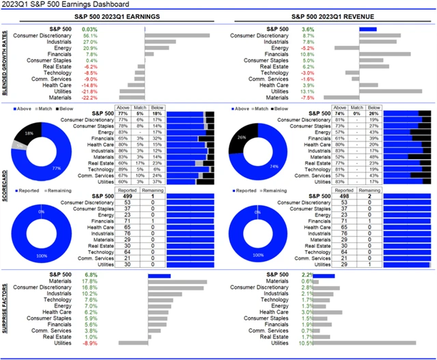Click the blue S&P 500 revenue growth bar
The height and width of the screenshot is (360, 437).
tap(368, 29)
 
